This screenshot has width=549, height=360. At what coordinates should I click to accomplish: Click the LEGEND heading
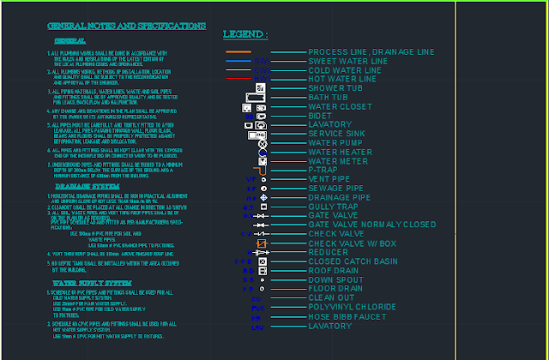[x=245, y=34]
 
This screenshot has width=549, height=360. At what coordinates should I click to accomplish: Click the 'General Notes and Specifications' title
[x=126, y=27]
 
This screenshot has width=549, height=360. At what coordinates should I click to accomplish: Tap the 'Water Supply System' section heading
[x=92, y=283]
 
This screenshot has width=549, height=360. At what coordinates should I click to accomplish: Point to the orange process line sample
[x=238, y=52]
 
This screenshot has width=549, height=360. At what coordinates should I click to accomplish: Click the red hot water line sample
[x=261, y=79]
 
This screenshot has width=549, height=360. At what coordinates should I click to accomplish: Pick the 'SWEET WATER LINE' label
[x=347, y=61]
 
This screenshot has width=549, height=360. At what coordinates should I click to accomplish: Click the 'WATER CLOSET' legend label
[x=340, y=106]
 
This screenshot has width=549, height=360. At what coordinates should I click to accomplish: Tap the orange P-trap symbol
[x=262, y=170]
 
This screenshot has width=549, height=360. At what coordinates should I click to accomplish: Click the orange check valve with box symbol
[x=262, y=243]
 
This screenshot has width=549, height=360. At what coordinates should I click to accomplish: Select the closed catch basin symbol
[x=262, y=261]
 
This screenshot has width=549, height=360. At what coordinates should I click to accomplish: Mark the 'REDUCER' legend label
[x=329, y=252]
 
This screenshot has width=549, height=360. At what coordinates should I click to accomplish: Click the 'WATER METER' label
[x=337, y=160]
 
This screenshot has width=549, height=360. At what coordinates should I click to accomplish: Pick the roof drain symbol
[x=262, y=271]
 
